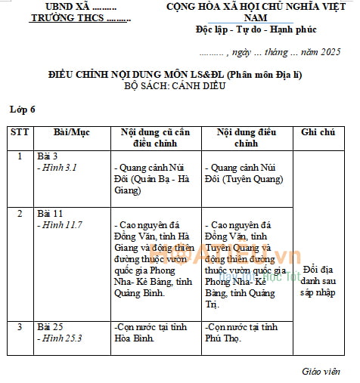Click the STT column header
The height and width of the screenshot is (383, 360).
(19, 132)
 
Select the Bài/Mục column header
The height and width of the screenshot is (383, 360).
(72, 132)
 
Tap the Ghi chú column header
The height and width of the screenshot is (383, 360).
(318, 132)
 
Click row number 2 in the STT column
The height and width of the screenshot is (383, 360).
(20, 214)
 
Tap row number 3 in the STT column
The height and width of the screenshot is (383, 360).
(20, 327)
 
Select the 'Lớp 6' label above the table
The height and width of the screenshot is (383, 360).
(22, 110)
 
